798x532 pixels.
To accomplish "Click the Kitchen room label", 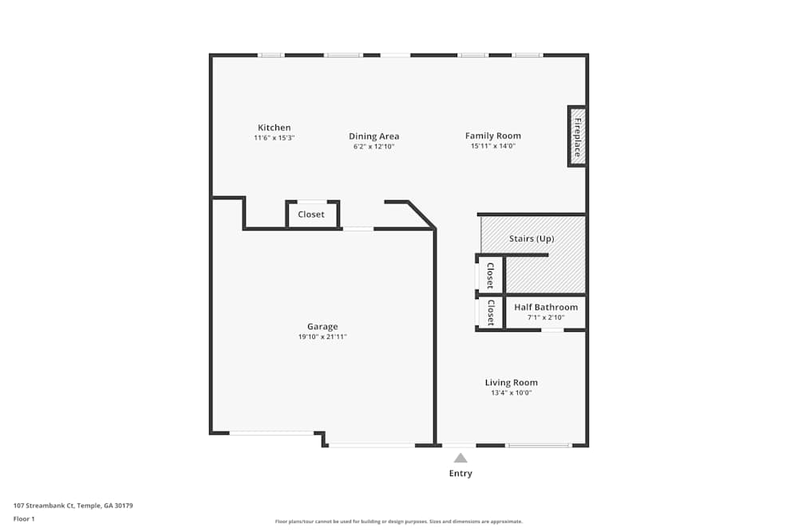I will pyautogui.click(x=274, y=128).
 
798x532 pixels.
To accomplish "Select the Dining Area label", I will pyautogui.click(x=373, y=136).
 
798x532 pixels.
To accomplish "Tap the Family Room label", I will pyautogui.click(x=492, y=136).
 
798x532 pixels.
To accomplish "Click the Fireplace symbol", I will pyautogui.click(x=577, y=136).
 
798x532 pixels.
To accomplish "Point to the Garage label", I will pyautogui.click(x=322, y=326).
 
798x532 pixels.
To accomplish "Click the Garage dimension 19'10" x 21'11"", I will pyautogui.click(x=322, y=337).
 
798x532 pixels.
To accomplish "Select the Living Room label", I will pyautogui.click(x=511, y=382).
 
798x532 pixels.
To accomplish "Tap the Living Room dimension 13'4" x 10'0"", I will pyautogui.click(x=511, y=392).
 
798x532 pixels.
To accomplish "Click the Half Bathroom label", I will pyautogui.click(x=546, y=307).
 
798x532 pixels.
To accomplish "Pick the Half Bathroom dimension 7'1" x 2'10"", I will pyautogui.click(x=546, y=317).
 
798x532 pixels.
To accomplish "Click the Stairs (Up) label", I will pyautogui.click(x=531, y=238).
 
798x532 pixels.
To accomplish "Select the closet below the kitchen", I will pyautogui.click(x=311, y=215).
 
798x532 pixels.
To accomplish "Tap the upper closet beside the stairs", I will pyautogui.click(x=490, y=275).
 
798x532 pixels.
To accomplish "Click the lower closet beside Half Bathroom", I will pyautogui.click(x=490, y=313).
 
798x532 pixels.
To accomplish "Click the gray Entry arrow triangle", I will pyautogui.click(x=460, y=458).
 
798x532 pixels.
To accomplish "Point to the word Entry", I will pyautogui.click(x=460, y=473).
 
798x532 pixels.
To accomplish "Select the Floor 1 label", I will pyautogui.click(x=24, y=518).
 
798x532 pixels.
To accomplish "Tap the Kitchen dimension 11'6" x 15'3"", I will pyautogui.click(x=274, y=138).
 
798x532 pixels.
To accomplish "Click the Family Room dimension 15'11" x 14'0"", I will pyautogui.click(x=492, y=146).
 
